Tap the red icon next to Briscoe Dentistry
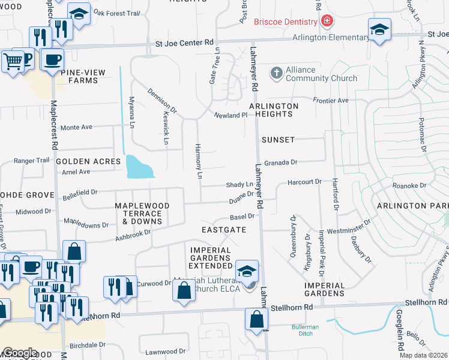pos(326,22)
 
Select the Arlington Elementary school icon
pos(379,30)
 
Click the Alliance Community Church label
pos(321,74)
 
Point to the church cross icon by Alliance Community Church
pos(276,73)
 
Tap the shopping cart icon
pos(13,60)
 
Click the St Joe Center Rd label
pos(184,43)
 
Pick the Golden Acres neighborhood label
pos(80,161)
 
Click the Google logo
pos(20,353)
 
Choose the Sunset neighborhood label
pos(278,139)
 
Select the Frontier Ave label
pos(330,100)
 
